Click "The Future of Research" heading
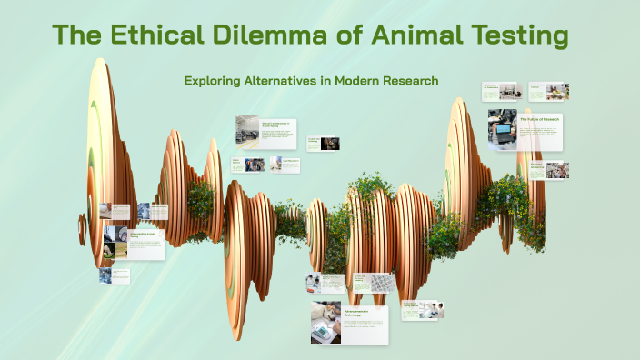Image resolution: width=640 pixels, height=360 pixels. (540, 119)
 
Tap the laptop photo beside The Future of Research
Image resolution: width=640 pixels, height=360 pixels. (502, 130)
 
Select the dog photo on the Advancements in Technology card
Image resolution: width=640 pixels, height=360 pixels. (325, 323)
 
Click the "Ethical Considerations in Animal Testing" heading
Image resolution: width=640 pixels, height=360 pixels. (276, 125)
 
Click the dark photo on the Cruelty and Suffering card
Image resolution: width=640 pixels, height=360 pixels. (330, 143)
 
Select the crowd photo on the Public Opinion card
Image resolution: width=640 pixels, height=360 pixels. (255, 165)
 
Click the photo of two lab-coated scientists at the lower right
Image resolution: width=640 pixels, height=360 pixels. (435, 310)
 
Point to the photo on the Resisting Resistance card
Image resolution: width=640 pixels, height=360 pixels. (557, 170)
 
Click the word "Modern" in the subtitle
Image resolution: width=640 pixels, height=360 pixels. (334, 81)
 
